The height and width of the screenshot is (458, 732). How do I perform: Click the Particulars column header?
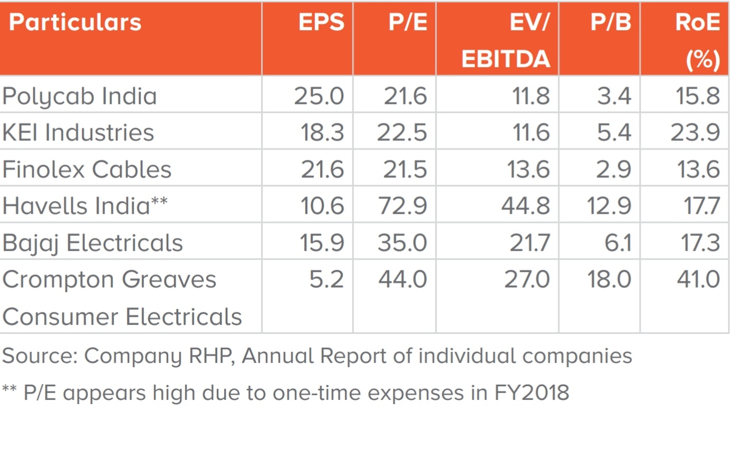click(75, 22)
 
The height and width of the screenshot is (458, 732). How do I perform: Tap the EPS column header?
click(321, 22)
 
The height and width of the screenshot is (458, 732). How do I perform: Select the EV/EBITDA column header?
click(506, 40)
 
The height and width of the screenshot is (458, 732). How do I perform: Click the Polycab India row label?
click(80, 97)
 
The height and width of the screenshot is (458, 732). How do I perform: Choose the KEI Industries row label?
click(78, 132)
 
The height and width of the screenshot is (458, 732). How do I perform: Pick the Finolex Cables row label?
click(86, 169)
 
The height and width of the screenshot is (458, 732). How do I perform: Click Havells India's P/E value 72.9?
click(402, 206)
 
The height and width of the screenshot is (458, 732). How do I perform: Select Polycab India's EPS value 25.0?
click(319, 96)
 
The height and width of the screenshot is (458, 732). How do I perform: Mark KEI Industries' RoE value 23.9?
click(696, 132)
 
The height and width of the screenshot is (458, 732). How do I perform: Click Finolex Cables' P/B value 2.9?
click(614, 169)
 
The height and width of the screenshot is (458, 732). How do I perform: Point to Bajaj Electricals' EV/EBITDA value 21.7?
click(529, 243)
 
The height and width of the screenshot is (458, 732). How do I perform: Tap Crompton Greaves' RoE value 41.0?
click(699, 280)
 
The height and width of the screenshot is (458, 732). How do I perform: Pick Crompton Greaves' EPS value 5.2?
click(326, 280)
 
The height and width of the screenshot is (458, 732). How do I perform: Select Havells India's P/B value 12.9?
click(609, 206)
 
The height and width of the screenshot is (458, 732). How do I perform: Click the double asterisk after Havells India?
click(159, 200)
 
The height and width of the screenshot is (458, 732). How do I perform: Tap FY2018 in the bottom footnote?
click(532, 392)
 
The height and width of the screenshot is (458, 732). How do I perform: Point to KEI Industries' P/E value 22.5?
click(402, 132)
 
